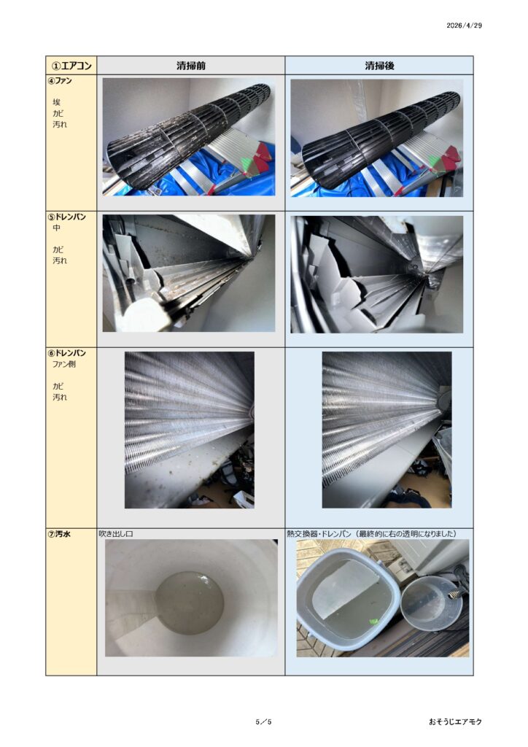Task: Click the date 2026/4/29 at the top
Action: click(x=464, y=26)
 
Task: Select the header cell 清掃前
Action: click(x=191, y=65)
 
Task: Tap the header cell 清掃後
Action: click(x=379, y=65)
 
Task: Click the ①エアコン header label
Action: click(x=71, y=65)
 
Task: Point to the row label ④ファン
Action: click(x=60, y=80)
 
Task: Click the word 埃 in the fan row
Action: click(x=57, y=102)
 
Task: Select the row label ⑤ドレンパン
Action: click(x=66, y=217)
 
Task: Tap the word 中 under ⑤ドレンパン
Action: click(x=57, y=228)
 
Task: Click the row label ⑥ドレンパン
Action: click(x=66, y=353)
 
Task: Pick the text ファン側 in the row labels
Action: click(x=63, y=364)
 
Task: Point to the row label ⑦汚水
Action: click(x=60, y=534)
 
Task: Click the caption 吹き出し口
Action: click(x=116, y=534)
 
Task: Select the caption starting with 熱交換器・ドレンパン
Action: click(x=372, y=533)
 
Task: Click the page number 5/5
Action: click(x=263, y=721)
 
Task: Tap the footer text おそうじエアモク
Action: click(x=455, y=721)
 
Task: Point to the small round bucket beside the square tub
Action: click(x=432, y=603)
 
